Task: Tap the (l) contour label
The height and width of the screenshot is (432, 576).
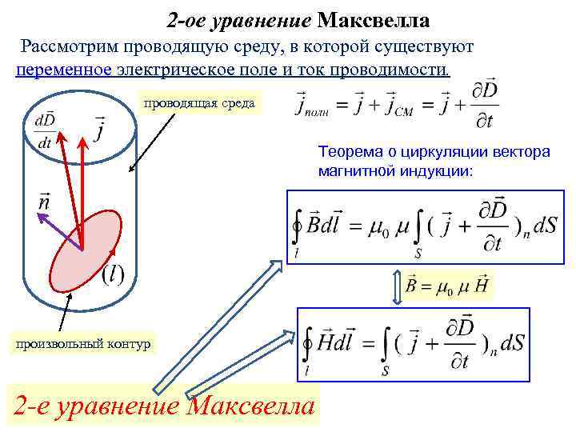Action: coord(113,274)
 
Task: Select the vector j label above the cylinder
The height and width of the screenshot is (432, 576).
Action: coord(99,128)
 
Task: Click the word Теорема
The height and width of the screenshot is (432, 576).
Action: coord(348,151)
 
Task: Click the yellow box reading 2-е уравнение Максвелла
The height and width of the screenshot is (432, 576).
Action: coord(164,406)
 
